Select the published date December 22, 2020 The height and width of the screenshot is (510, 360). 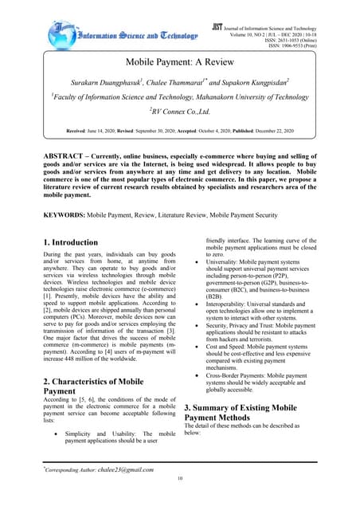click(x=266, y=128)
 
